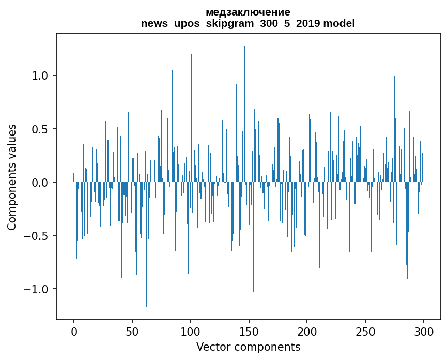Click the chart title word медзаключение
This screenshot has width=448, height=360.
(x=248, y=12)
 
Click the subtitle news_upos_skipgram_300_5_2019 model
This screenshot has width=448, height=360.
(x=248, y=23)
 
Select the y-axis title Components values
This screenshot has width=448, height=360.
(x=11, y=177)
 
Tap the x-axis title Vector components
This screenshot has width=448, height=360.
(x=248, y=347)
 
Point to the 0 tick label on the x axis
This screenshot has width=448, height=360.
(x=74, y=331)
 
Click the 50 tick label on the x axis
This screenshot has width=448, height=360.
(x=132, y=331)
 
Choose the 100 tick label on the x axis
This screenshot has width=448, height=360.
(x=191, y=331)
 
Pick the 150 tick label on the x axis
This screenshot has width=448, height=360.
(x=249, y=331)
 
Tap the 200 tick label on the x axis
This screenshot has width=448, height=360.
(x=307, y=331)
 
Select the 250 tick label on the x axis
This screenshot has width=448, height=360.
(x=366, y=331)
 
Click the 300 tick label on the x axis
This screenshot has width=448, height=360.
(x=424, y=331)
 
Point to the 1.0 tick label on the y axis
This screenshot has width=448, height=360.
(x=40, y=76)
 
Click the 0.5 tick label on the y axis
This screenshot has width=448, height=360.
(x=40, y=129)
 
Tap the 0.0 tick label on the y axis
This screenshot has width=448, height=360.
(x=40, y=182)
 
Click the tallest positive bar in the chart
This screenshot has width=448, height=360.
(x=244, y=114)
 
